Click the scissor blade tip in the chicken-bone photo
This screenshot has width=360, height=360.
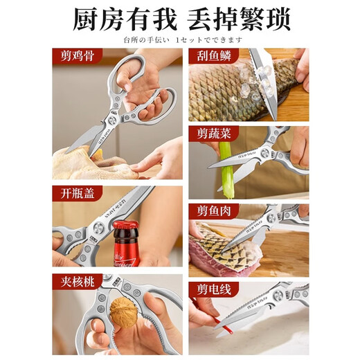point(70,150)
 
